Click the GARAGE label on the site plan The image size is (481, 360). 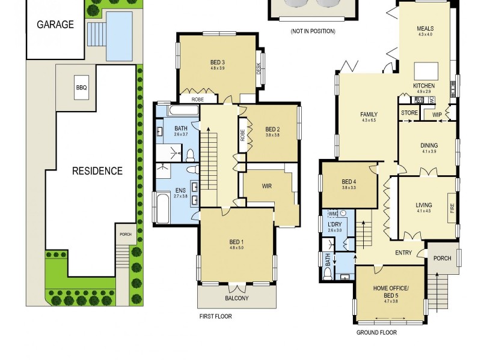tap(55, 25)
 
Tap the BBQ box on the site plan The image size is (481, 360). tap(81, 88)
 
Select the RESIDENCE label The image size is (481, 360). tap(97, 171)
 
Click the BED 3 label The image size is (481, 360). tap(217, 62)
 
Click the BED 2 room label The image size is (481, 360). tap(272, 129)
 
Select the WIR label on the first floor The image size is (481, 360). tap(266, 186)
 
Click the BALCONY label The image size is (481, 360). tap(236, 298)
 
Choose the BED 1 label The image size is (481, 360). tap(236, 242)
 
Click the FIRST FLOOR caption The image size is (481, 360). tap(215, 316)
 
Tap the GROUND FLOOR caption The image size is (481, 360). tap(376, 332)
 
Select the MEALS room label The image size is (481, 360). tap(424, 29)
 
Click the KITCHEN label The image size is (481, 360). tap(423, 86)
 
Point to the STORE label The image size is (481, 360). tap(409, 113)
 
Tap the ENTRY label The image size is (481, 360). tap(403, 253)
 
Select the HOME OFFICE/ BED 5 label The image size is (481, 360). tap(390, 292)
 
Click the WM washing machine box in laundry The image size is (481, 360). tap(332, 213)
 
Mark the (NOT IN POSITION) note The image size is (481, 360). tap(313, 31)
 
